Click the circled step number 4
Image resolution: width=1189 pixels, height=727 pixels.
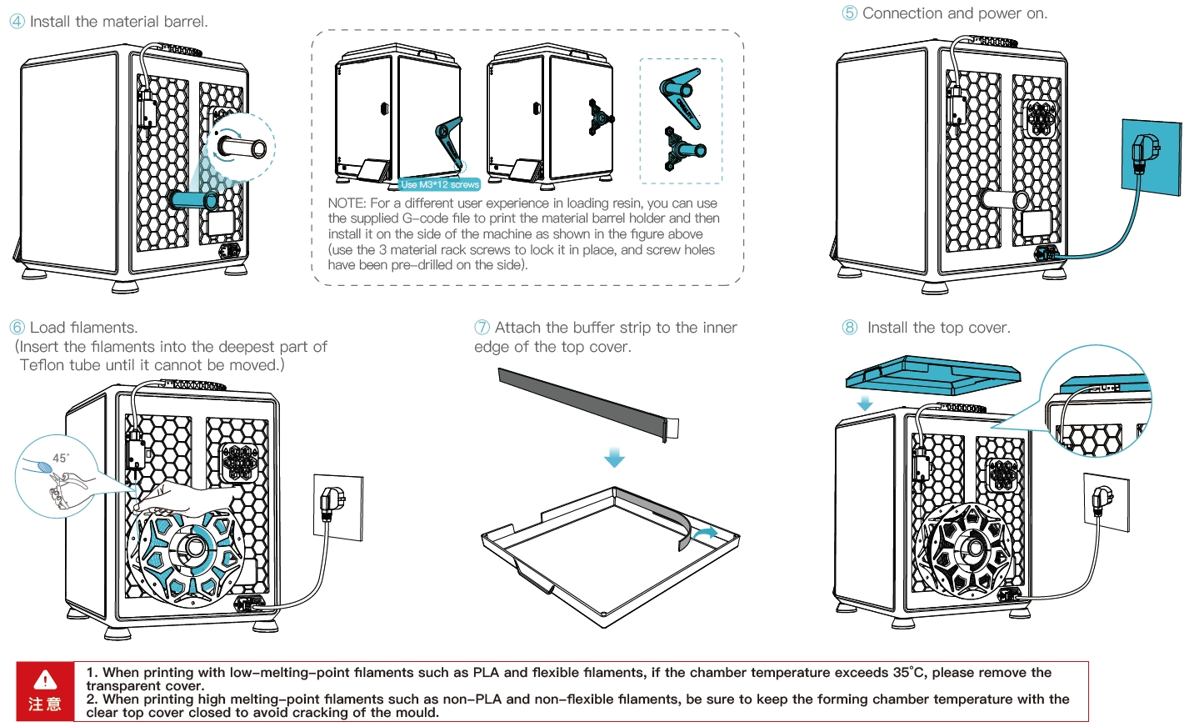(17, 22)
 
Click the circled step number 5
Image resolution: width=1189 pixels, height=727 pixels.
(849, 13)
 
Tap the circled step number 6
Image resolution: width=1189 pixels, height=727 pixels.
(17, 328)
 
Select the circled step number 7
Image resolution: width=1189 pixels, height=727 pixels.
(482, 328)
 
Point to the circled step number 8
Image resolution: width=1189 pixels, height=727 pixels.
(849, 328)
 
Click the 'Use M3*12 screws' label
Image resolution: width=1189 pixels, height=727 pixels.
(440, 184)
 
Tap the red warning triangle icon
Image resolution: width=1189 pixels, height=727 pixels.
(45, 679)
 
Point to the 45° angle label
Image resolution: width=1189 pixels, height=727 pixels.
(61, 458)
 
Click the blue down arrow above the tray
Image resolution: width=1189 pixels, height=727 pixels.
(614, 458)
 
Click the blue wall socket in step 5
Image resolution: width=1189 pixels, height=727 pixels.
(1152, 158)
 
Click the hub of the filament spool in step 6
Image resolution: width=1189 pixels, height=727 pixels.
(192, 547)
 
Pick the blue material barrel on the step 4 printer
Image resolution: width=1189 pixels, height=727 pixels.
(192, 200)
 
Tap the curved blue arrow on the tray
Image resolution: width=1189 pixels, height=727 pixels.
(706, 532)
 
